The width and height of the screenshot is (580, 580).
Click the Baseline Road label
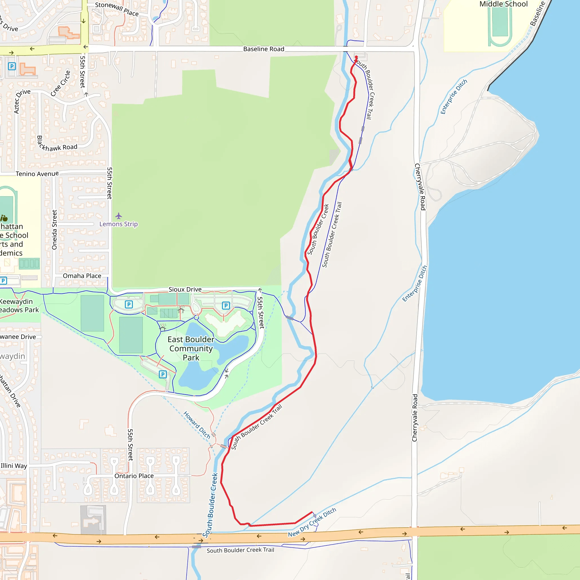264,49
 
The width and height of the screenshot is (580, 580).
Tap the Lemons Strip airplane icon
119,216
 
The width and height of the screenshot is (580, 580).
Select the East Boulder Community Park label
191,348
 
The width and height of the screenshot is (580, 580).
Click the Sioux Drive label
185,289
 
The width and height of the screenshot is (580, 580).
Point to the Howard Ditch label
197,425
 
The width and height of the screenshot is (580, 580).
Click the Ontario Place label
134,476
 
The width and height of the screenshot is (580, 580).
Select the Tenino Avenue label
37,174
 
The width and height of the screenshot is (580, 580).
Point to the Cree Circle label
60,84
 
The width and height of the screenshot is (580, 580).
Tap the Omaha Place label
82,276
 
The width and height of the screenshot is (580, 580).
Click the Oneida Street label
54,230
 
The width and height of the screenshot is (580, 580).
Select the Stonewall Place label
117,9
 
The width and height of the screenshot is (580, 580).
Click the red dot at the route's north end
356,57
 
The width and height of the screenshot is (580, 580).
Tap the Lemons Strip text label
119,224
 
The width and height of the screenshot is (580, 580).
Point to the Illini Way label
14,466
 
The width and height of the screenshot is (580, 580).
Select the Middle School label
504,4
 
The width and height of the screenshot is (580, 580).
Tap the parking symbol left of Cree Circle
12,66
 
